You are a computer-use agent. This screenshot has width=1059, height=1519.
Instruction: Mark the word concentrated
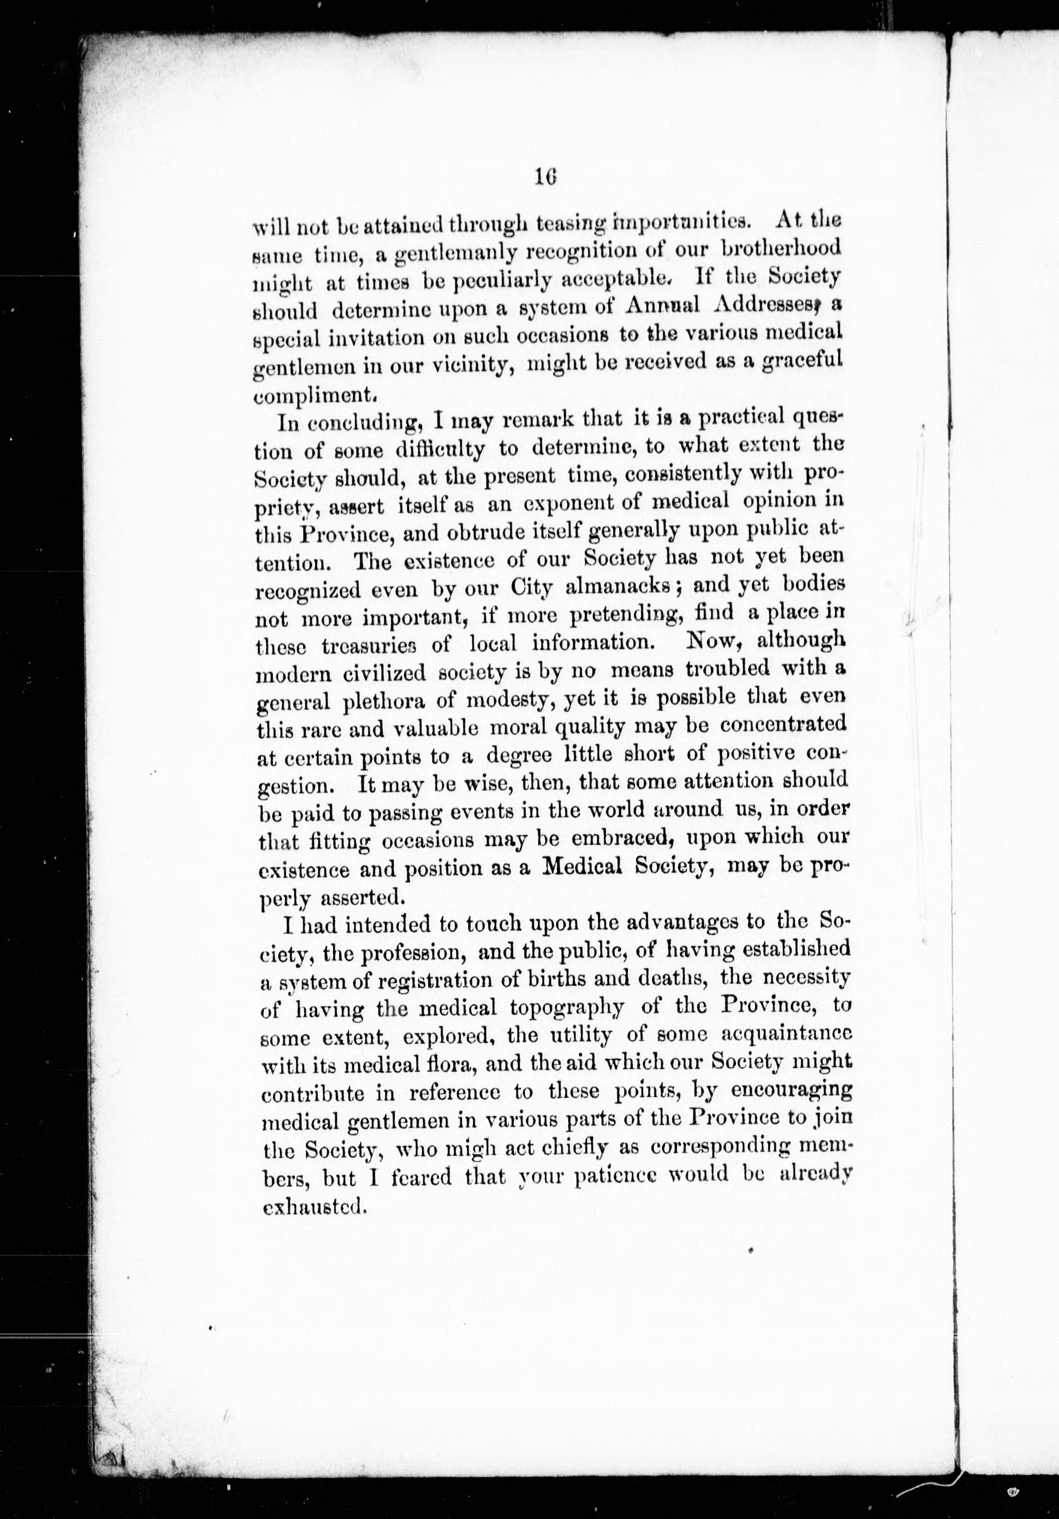(783, 724)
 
